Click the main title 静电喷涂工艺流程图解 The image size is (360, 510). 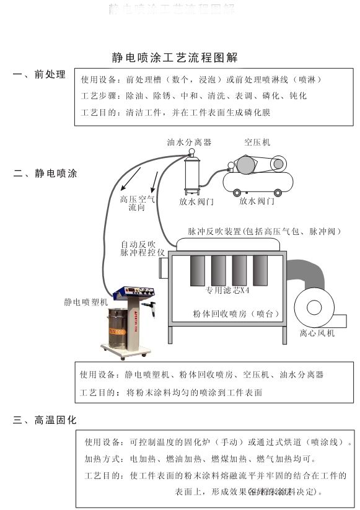(175, 58)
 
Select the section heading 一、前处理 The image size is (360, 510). (39, 75)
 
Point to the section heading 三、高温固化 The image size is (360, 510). (45, 420)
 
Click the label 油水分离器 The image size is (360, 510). (189, 142)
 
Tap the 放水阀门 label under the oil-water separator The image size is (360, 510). (197, 201)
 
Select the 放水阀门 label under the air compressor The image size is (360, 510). (257, 201)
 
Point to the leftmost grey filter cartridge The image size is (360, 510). (198, 270)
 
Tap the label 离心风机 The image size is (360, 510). (317, 333)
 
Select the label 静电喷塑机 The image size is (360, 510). (86, 302)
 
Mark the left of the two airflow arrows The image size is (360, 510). (130, 180)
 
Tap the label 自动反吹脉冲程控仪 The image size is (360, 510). (143, 248)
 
